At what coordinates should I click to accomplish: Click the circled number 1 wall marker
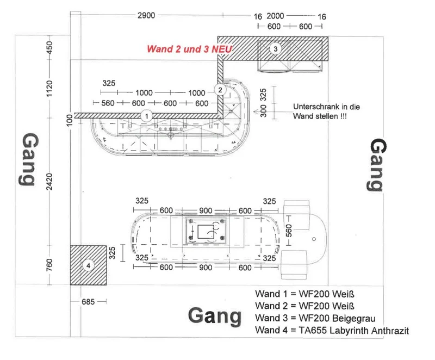147,116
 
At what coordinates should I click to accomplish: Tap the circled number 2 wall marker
220,90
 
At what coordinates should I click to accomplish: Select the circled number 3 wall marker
275,49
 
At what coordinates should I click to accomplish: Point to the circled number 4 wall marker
88,266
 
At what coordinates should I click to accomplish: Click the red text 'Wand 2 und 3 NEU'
189,49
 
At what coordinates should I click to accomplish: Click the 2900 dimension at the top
146,15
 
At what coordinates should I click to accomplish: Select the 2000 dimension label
275,16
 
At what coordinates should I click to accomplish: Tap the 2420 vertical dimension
49,182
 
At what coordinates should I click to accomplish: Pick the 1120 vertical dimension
49,89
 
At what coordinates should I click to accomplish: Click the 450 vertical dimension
49,48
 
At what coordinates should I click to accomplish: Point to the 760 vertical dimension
49,265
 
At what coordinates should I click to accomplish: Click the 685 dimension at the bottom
88,301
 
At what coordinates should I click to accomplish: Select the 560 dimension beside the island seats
289,231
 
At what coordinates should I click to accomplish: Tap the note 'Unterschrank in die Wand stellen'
326,111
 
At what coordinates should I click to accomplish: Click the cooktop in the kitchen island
206,231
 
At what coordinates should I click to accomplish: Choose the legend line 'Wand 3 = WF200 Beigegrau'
315,318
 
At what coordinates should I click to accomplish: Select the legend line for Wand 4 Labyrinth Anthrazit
332,330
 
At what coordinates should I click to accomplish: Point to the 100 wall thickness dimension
70,120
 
